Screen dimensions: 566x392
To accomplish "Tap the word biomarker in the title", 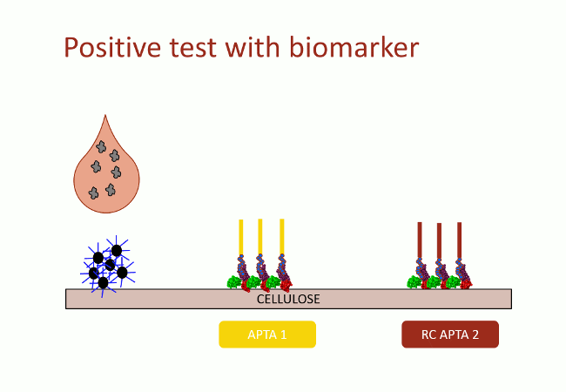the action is tap(354, 47).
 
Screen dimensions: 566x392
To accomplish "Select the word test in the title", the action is tap(192, 48).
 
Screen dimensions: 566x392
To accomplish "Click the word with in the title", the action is tap(253, 47).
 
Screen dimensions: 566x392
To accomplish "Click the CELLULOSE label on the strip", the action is tap(288, 299).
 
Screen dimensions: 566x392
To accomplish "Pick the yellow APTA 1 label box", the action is tap(267, 335).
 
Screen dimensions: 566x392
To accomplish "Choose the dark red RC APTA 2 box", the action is tap(450, 335).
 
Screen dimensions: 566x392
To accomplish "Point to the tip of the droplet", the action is tap(105, 115).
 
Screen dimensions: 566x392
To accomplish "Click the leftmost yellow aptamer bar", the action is tap(240, 237).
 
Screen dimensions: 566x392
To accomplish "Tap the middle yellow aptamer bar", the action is tap(259, 237).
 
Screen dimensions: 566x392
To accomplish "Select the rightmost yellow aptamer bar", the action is tap(282, 237).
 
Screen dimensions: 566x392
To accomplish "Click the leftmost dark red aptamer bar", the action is tap(420, 240).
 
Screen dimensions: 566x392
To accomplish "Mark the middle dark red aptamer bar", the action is tap(439, 240).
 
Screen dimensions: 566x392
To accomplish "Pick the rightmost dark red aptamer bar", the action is tap(459, 240).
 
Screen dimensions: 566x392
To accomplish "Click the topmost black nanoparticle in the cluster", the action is tap(117, 251).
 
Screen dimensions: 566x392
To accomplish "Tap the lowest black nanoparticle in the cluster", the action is tap(104, 283).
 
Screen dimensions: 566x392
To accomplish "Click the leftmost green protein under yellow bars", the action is tap(234, 282).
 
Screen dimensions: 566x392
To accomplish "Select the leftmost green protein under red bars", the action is tap(414, 282).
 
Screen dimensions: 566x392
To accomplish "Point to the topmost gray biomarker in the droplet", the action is tap(101, 147).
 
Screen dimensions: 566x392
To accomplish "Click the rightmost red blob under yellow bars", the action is tap(286, 286).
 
